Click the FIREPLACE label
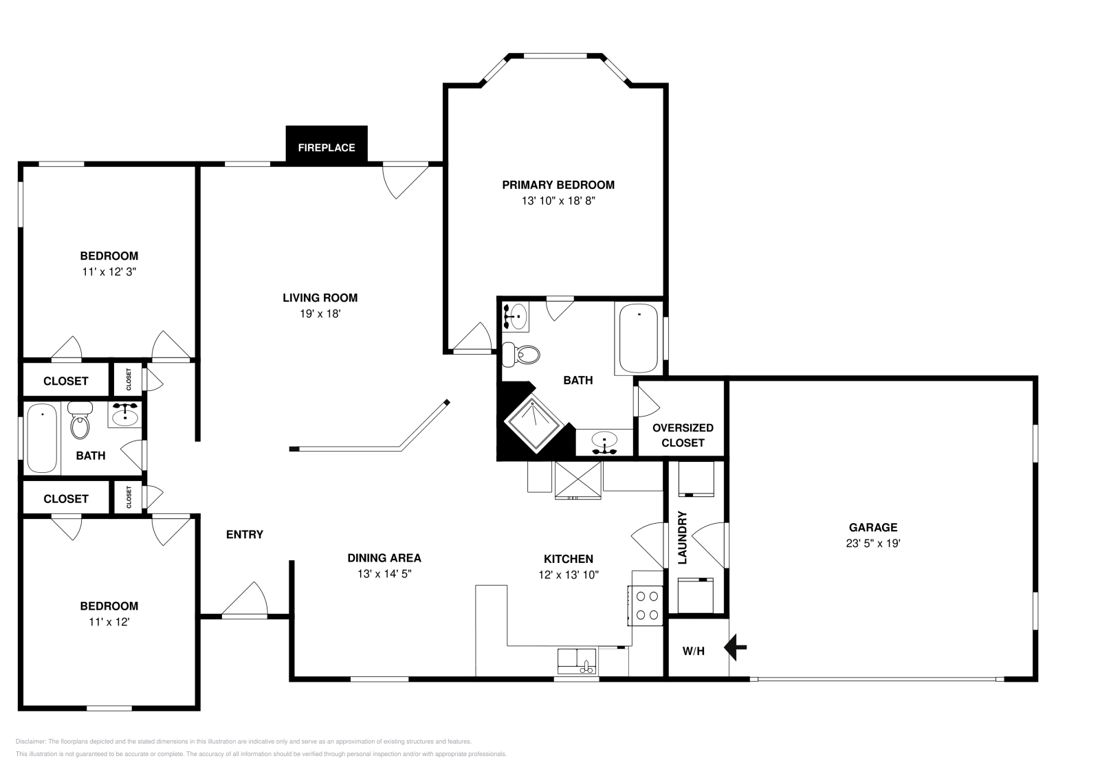[x=326, y=148]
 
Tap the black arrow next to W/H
[x=736, y=647]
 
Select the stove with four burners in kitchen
[x=646, y=605]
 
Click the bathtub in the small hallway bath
[x=42, y=438]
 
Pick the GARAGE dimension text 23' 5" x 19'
[x=872, y=544]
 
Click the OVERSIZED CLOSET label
[x=682, y=435]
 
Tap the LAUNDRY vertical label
[x=683, y=537]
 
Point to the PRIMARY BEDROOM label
[x=558, y=185]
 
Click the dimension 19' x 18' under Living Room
[x=320, y=314]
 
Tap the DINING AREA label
[x=384, y=558]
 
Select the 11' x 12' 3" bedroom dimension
[x=109, y=272]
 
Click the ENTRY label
[x=245, y=535]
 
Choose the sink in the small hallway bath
[x=125, y=416]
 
